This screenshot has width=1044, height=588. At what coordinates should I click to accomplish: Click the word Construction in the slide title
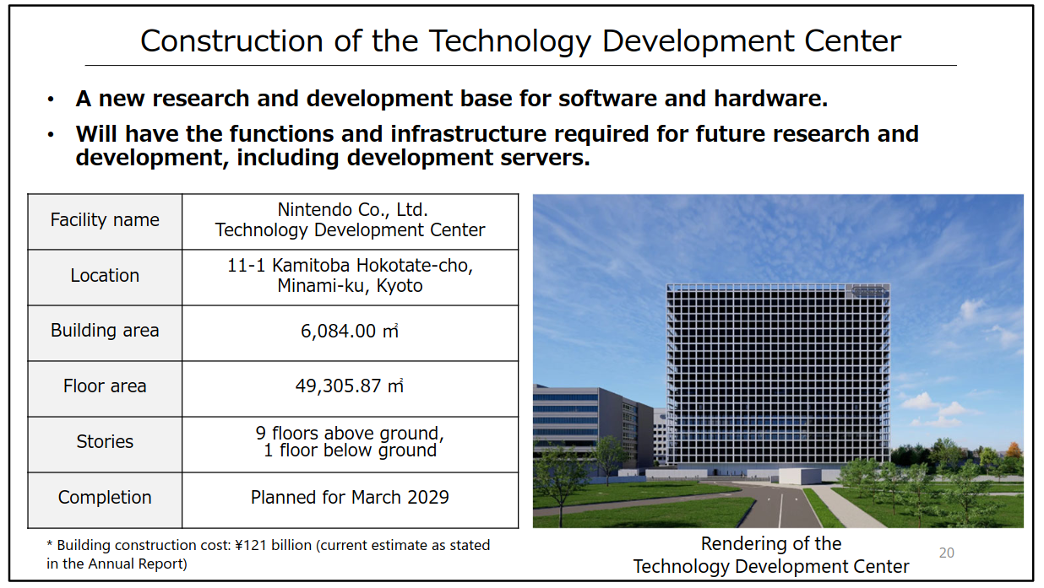231,41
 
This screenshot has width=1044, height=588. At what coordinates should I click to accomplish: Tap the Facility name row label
105,219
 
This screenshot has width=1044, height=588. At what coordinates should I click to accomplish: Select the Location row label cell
105,278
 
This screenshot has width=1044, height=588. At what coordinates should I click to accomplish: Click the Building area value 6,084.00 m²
350,331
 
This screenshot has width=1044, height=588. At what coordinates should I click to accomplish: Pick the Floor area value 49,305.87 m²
350,386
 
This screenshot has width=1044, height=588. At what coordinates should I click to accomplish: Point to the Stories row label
105,441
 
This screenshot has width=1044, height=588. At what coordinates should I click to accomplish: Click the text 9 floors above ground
350,433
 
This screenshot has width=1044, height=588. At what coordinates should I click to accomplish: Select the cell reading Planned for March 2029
350,500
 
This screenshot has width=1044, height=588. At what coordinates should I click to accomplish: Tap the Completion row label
105,497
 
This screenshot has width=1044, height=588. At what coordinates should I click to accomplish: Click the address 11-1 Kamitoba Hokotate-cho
350,266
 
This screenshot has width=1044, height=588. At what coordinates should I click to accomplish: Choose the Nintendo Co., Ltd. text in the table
353,210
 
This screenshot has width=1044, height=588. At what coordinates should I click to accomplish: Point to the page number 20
947,553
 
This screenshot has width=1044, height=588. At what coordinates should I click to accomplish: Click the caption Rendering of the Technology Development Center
771,555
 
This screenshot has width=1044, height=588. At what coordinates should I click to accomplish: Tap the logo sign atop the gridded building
868,291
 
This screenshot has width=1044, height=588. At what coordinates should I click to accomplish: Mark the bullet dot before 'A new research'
51,100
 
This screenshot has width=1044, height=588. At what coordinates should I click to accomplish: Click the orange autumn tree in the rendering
1013,450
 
